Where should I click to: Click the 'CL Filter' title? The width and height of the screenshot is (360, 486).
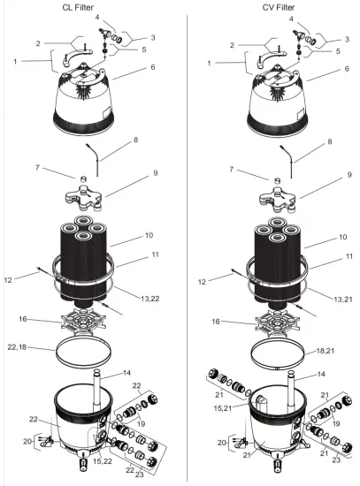click(90, 8)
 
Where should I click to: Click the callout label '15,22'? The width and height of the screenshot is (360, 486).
click(101, 460)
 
